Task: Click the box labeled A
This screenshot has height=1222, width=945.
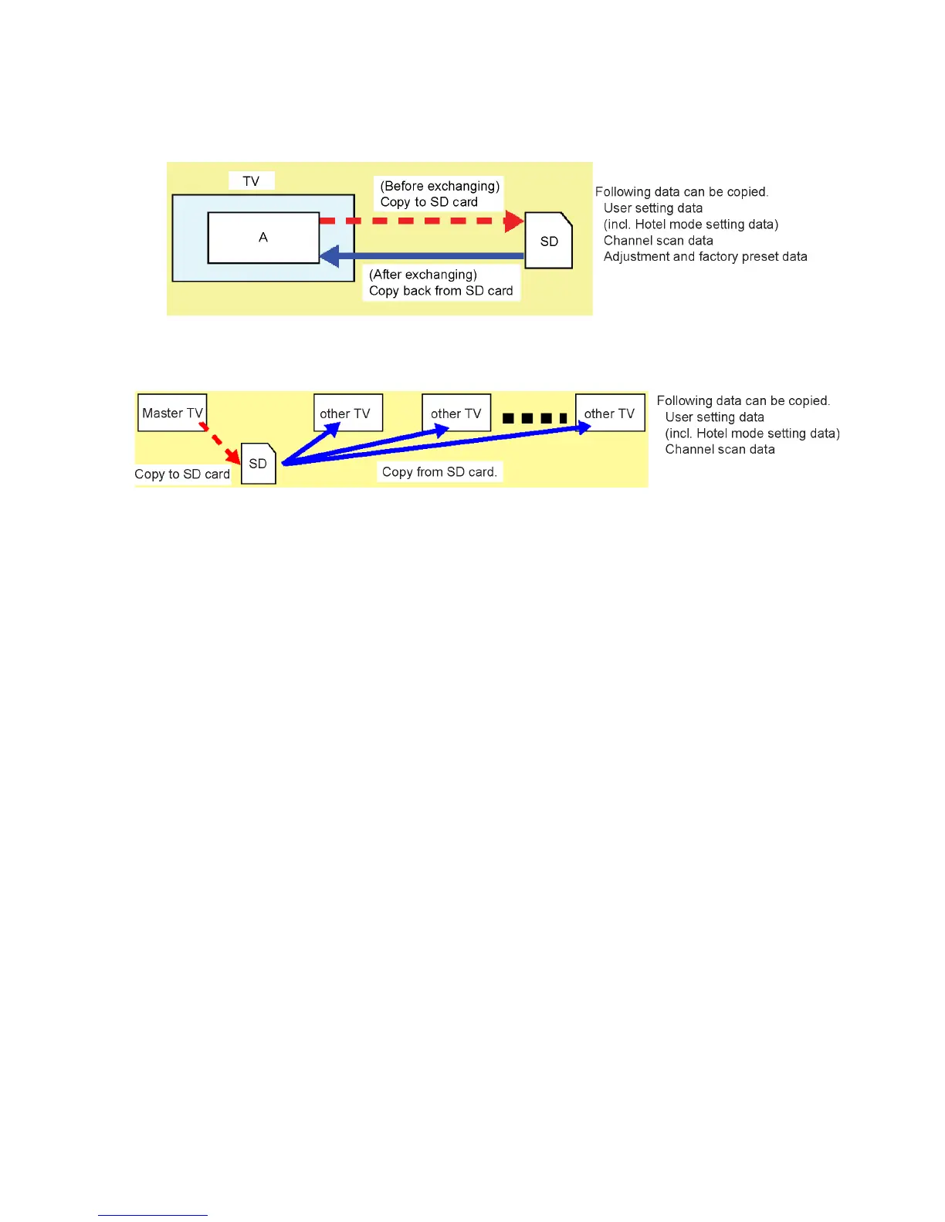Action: click(x=263, y=238)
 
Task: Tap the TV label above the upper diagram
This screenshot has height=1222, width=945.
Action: click(x=251, y=181)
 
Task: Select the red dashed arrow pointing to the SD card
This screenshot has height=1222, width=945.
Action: click(x=421, y=221)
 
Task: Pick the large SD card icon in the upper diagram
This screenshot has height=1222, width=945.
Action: click(x=548, y=241)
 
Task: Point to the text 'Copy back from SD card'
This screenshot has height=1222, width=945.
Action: click(x=441, y=291)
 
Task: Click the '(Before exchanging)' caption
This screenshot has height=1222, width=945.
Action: click(x=439, y=186)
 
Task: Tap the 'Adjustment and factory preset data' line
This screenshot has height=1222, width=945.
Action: click(x=705, y=257)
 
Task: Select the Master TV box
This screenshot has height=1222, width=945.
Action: click(x=172, y=413)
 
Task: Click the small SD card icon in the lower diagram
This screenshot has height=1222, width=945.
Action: click(x=258, y=464)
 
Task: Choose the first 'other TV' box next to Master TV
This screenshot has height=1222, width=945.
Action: click(x=347, y=414)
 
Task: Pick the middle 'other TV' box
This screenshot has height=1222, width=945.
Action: click(x=456, y=414)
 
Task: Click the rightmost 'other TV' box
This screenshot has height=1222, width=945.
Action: click(x=610, y=414)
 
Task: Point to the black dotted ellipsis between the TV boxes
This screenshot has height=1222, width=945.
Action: click(x=534, y=418)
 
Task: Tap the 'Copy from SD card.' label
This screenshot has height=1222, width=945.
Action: click(x=439, y=472)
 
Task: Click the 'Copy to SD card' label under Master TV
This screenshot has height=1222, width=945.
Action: click(x=182, y=474)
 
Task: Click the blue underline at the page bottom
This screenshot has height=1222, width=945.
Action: click(x=152, y=1215)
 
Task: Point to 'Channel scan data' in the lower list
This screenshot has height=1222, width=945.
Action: click(x=720, y=450)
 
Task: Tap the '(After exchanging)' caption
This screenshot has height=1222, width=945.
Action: click(x=423, y=275)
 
